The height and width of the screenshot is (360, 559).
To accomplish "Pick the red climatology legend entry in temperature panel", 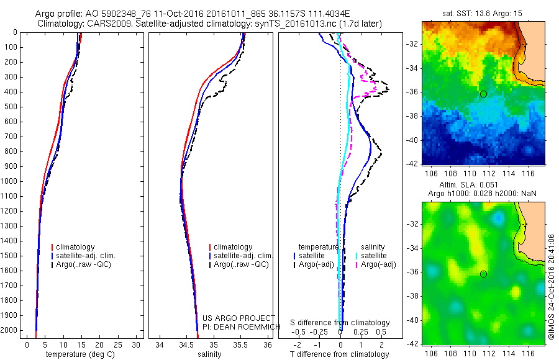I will (x=73, y=247).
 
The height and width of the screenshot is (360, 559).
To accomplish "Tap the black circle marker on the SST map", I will (x=483, y=94).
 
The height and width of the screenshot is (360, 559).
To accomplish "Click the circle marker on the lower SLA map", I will (x=483, y=274).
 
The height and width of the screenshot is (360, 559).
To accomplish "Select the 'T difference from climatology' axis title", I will (x=340, y=354).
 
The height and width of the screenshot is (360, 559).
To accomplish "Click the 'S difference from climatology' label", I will (x=340, y=323).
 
